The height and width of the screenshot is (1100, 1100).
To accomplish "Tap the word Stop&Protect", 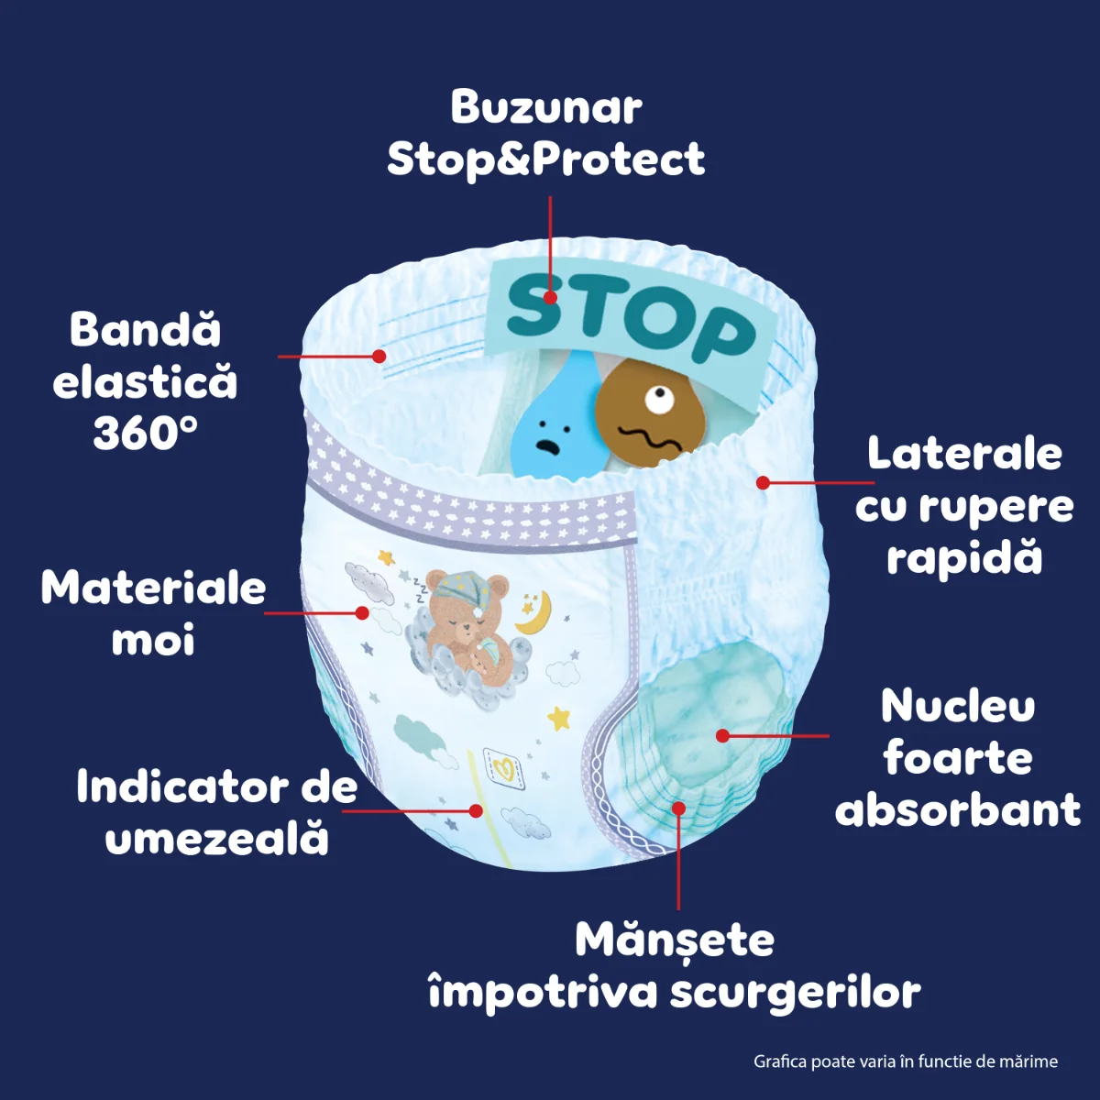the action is (x=545, y=159).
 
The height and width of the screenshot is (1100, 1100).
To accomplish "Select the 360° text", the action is (x=145, y=433).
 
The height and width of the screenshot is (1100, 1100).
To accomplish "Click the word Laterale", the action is (x=964, y=455).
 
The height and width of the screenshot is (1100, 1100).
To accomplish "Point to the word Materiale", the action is (x=153, y=588).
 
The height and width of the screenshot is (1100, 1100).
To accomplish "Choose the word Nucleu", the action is (x=958, y=707).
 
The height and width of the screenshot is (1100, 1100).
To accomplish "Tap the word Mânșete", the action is (x=675, y=940).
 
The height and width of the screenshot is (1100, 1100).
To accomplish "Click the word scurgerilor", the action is (x=795, y=994).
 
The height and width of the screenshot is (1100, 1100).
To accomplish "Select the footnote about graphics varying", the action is (x=906, y=1061).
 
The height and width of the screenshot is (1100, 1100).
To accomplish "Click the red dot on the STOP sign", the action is (x=550, y=297).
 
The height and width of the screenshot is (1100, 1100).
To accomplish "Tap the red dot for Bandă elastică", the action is (x=379, y=357).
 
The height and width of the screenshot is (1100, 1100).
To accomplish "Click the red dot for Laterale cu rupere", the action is (x=763, y=483).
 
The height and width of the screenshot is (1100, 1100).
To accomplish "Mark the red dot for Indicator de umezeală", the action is (x=475, y=810).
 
